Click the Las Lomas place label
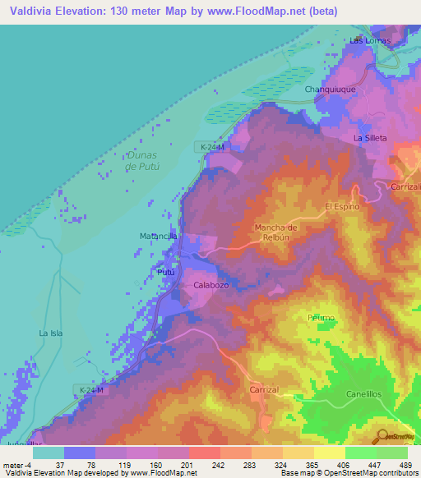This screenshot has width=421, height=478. coord(369,39)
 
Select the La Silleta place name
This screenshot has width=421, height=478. coord(370,138)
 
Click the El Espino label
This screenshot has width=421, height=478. coord(342,206)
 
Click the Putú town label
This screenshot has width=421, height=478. coord(165,271)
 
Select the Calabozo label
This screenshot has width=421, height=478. coord(210,285)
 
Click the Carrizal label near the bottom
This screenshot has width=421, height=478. coord(266,392)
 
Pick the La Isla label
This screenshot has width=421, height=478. coord(51,333)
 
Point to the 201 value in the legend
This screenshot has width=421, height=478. coord(186,464)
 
